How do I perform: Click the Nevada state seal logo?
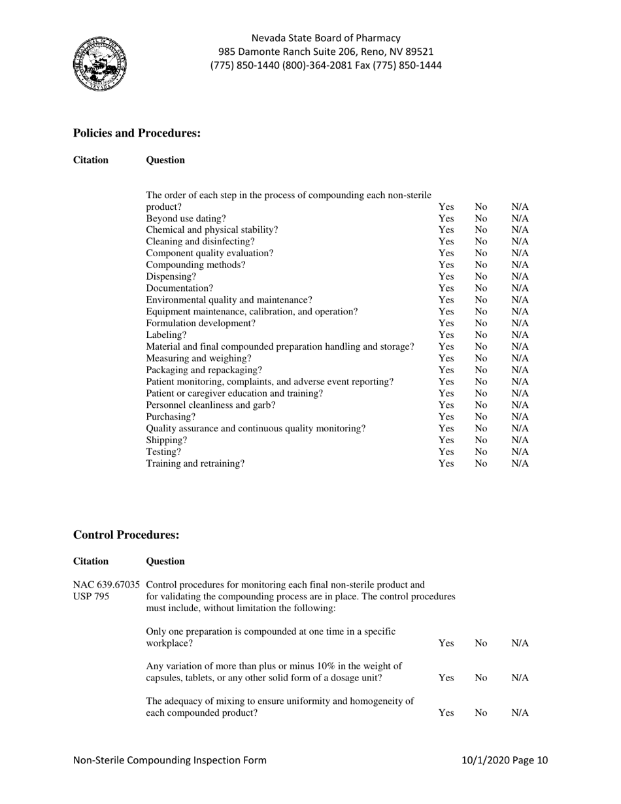tap(99, 64)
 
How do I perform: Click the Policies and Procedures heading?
tap(137, 133)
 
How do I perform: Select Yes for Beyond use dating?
tap(446, 218)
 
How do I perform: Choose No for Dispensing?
tap(481, 276)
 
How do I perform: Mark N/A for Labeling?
tap(520, 335)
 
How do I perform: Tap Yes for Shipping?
tap(446, 440)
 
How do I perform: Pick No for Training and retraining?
tap(481, 463)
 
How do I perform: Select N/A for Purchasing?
tap(520, 416)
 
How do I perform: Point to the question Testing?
tap(163, 452)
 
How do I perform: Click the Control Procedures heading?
tap(126, 535)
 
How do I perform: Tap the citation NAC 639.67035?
tap(107, 584)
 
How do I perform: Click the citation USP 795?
tap(92, 596)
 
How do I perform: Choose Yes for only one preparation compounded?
tap(446, 643)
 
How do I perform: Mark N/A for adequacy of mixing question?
tap(520, 713)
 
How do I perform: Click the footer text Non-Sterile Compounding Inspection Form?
tap(170, 760)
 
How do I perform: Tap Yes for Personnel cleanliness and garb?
tap(446, 405)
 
